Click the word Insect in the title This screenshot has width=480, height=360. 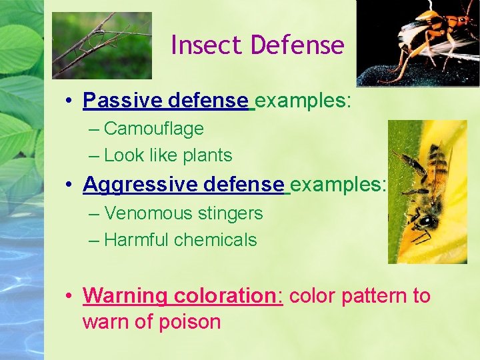coord(207,45)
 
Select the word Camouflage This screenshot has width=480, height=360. coord(154,128)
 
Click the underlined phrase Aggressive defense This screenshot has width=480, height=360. coord(183,185)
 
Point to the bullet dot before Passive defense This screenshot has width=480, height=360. coord(69,101)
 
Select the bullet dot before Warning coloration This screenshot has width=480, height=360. coord(69,296)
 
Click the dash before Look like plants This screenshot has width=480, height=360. coord(94,156)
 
